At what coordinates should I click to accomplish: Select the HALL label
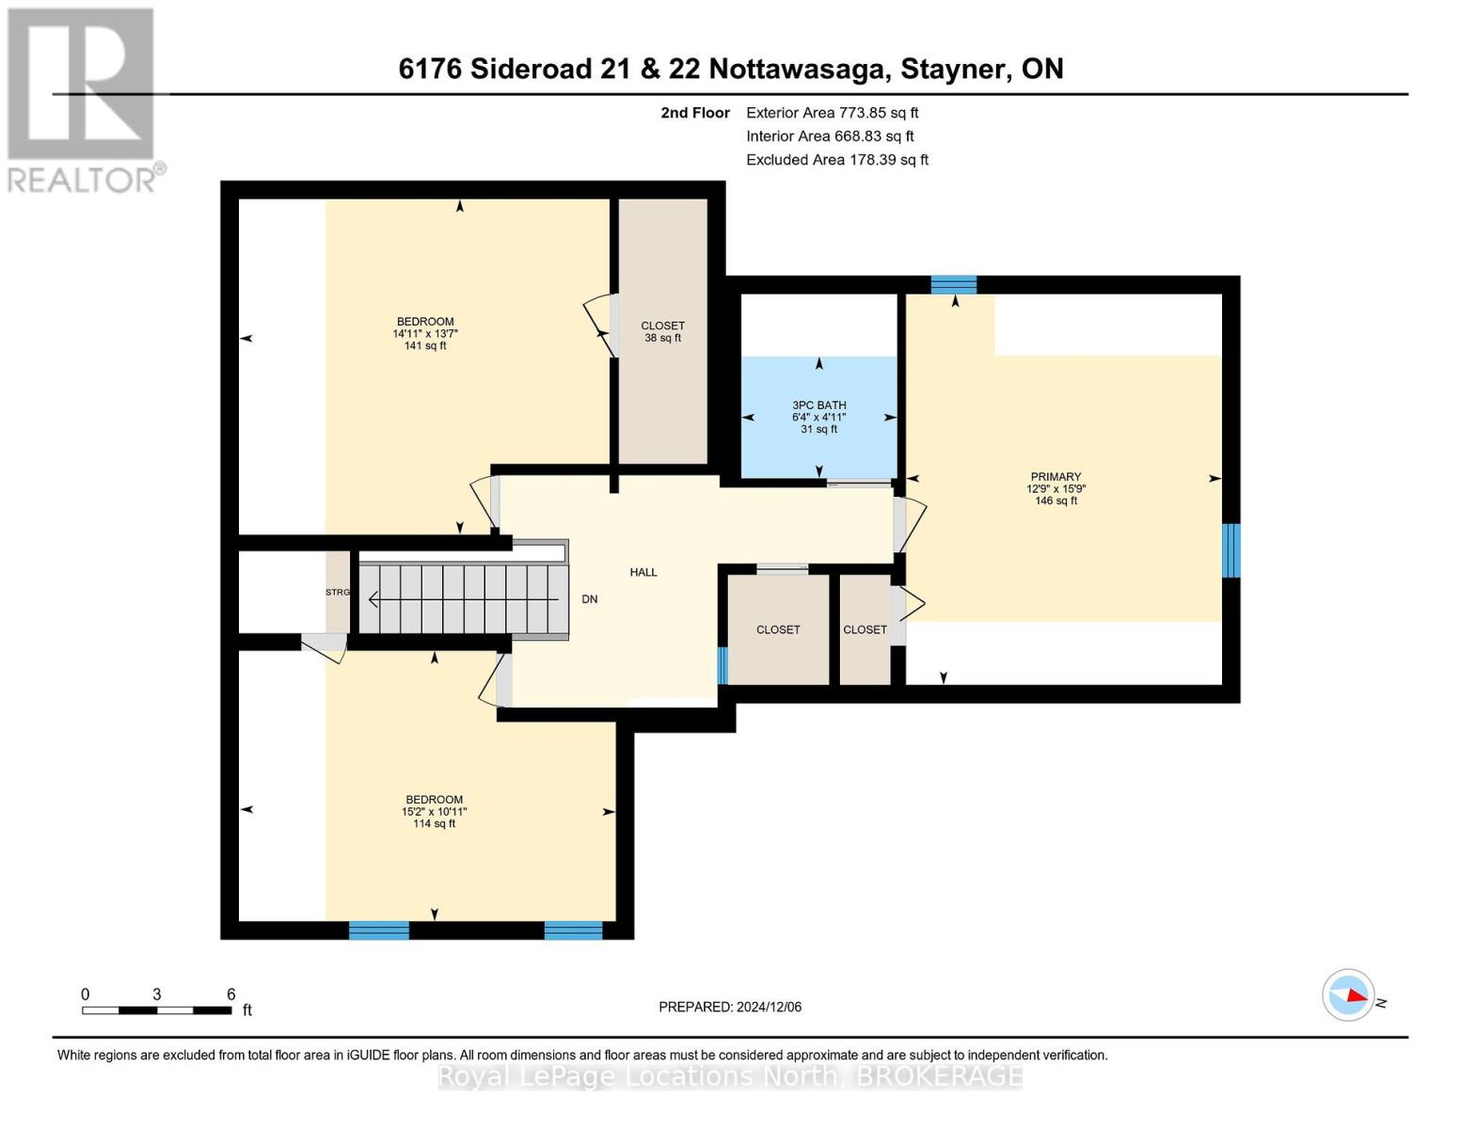click(x=643, y=572)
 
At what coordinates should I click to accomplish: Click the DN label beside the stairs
click(x=590, y=599)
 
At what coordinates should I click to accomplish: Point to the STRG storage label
click(x=338, y=592)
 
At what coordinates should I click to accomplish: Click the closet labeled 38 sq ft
click(x=662, y=331)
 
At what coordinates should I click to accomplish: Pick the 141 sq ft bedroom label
click(x=425, y=333)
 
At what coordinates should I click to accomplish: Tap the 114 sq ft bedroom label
click(x=434, y=811)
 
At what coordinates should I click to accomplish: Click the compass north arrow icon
click(x=1349, y=995)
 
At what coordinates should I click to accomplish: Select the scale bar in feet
click(x=157, y=1010)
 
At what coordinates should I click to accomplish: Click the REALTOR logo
click(x=83, y=99)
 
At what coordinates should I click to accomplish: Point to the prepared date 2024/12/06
click(x=730, y=1007)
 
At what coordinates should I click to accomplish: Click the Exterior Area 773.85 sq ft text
click(x=832, y=113)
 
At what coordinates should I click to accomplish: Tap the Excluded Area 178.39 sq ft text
click(x=836, y=160)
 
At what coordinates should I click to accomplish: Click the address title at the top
click(x=730, y=69)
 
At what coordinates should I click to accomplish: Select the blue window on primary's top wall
click(x=954, y=284)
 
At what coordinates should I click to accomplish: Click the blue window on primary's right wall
click(x=1231, y=550)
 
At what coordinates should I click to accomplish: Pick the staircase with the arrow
click(x=464, y=599)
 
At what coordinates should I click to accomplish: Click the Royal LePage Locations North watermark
click(x=730, y=1076)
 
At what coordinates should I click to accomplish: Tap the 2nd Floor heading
click(x=695, y=113)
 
